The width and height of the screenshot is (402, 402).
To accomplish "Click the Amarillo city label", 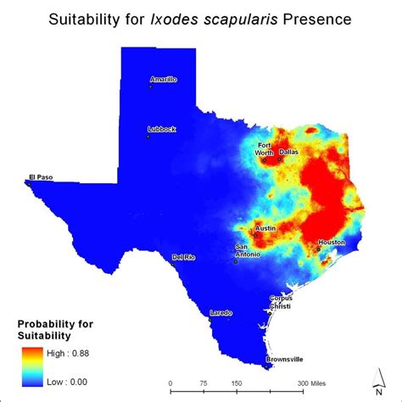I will pyautogui.click(x=164, y=80).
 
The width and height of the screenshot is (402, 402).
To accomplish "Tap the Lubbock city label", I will pyautogui.click(x=162, y=129).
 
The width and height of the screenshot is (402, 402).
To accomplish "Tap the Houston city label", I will pyautogui.click(x=332, y=243).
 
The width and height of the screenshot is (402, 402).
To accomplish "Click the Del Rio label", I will pyautogui.click(x=184, y=257).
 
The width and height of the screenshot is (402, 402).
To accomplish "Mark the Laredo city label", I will pyautogui.click(x=221, y=313).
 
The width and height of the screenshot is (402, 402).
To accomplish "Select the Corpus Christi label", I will pyautogui.click(x=285, y=301).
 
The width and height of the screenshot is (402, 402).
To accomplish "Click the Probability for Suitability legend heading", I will pyautogui.click(x=56, y=330).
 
